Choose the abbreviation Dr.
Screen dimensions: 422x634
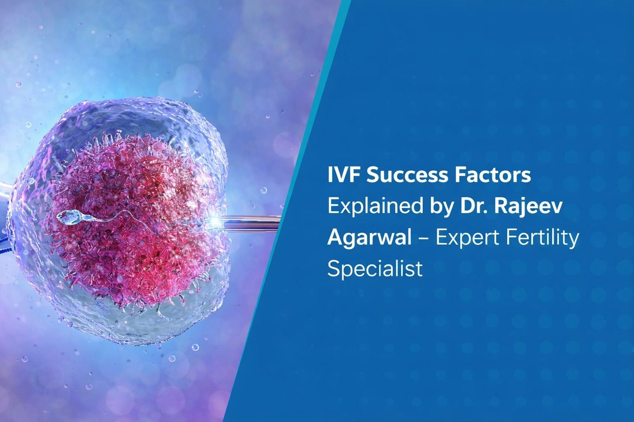point(468,207)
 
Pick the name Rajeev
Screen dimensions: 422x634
point(528,207)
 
